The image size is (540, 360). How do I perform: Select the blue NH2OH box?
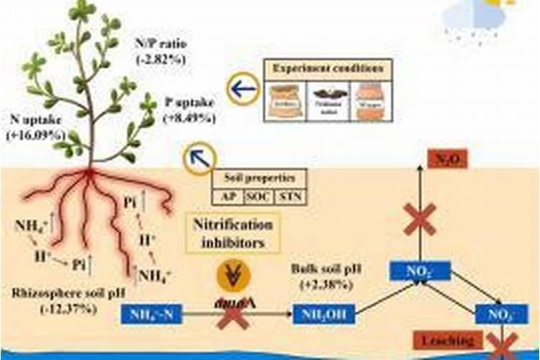pos(325,314)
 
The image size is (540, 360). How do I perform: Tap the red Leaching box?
pos(449,340)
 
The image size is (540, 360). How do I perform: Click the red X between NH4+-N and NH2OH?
pos(233,315)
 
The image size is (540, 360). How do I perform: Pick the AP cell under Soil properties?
pos(229,195)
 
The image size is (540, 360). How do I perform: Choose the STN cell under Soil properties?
pos(291,195)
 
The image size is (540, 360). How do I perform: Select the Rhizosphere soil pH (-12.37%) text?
pos(55,301)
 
